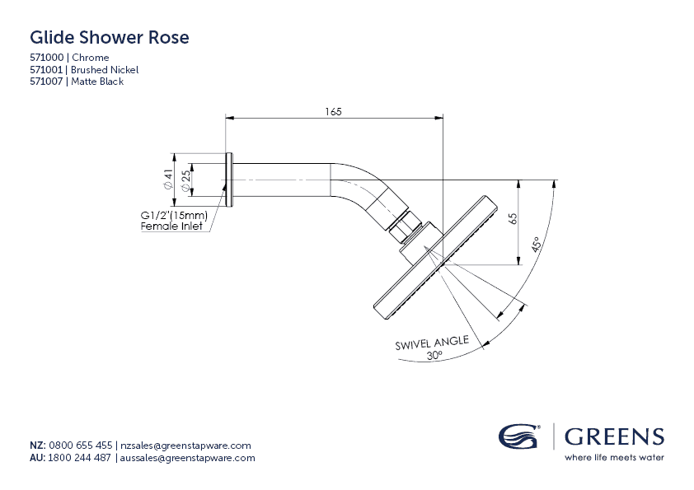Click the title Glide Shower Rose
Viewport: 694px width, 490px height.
[x=109, y=38]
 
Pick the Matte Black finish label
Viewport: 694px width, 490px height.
[x=97, y=82]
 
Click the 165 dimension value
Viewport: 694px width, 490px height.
[x=333, y=111]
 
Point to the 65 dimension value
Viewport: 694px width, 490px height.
[x=513, y=219]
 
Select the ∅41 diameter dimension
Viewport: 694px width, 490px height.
[x=167, y=180]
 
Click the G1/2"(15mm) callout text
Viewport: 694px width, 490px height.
[x=175, y=216]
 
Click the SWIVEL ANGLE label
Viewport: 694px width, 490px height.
[x=432, y=342]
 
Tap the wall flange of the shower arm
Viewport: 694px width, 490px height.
[x=229, y=180]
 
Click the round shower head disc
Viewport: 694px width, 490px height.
[x=435, y=254]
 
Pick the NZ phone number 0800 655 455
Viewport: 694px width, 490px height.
[x=81, y=446]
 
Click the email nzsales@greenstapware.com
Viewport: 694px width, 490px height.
[x=185, y=446]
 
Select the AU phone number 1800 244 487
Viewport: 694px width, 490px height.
[x=81, y=458]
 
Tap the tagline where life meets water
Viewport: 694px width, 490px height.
[x=614, y=458]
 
